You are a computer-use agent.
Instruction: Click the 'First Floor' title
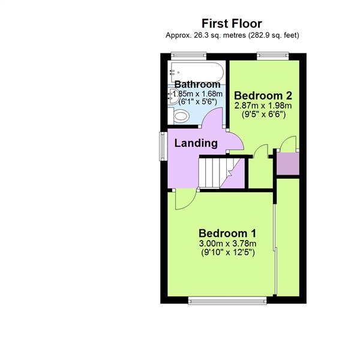pos(232,24)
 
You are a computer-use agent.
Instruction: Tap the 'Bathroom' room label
pos(197,85)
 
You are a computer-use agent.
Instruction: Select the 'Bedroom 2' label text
pos(263,95)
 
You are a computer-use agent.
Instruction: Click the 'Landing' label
pos(196,143)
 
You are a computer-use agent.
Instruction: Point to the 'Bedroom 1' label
pos(228,233)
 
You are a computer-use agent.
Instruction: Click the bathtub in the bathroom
pos(197,73)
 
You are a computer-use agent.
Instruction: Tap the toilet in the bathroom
pos(179,115)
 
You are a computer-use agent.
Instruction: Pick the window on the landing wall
pos(162,146)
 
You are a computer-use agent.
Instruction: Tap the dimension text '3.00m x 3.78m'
pos(228,243)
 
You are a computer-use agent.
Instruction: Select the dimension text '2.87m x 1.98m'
pos(263,105)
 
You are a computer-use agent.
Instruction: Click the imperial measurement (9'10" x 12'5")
pos(228,253)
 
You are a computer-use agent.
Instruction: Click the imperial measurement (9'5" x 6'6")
pos(263,114)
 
